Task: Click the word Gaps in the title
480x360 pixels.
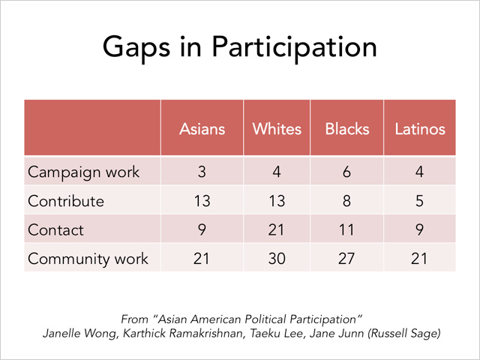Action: coord(136,47)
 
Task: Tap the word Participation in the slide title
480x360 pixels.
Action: coord(294,47)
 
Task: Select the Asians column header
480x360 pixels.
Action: coord(202,129)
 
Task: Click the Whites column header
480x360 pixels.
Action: coord(277,129)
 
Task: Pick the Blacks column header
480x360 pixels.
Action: coord(347,129)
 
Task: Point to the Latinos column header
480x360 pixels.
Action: coord(420,129)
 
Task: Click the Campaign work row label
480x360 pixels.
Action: coord(83,172)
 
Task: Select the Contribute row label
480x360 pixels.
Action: coord(66,201)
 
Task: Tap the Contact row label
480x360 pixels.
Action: coord(55,230)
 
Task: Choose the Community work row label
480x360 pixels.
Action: coord(88,259)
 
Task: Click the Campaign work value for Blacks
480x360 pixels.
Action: coord(346,172)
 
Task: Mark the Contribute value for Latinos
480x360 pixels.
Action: coord(419,201)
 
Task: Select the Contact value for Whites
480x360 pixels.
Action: coord(276,230)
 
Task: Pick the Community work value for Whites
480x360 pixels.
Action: coord(277,259)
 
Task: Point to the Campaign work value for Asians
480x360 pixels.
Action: coord(202,172)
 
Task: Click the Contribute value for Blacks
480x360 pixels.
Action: coord(346,201)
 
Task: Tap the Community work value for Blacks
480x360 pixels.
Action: coord(346,259)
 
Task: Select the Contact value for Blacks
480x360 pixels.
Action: coord(346,230)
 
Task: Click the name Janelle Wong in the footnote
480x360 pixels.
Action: coord(80,333)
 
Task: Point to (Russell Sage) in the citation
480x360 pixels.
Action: coord(404,333)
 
